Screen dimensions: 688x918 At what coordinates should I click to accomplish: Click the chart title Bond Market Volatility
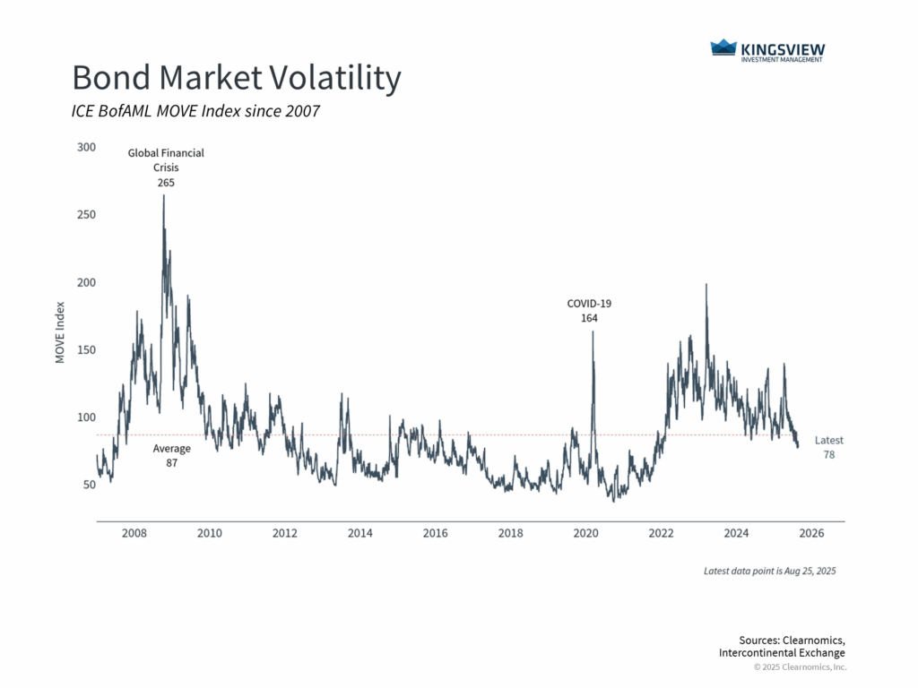[236, 79]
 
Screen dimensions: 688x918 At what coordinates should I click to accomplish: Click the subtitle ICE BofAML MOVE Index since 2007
[195, 112]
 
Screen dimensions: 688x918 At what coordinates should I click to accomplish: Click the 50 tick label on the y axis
[87, 485]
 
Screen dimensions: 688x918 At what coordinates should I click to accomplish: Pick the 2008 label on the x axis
[134, 534]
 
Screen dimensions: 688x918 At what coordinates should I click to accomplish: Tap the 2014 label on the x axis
[360, 534]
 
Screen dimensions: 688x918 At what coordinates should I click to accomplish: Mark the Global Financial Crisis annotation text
[166, 160]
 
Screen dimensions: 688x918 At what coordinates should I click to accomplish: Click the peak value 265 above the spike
[165, 182]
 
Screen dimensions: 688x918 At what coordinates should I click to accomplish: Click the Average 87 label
[171, 456]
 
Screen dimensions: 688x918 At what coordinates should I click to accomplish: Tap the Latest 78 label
[828, 448]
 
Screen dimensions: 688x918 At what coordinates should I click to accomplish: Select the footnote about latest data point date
[770, 571]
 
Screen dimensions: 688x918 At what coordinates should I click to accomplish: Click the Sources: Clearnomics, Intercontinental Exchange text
[782, 646]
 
